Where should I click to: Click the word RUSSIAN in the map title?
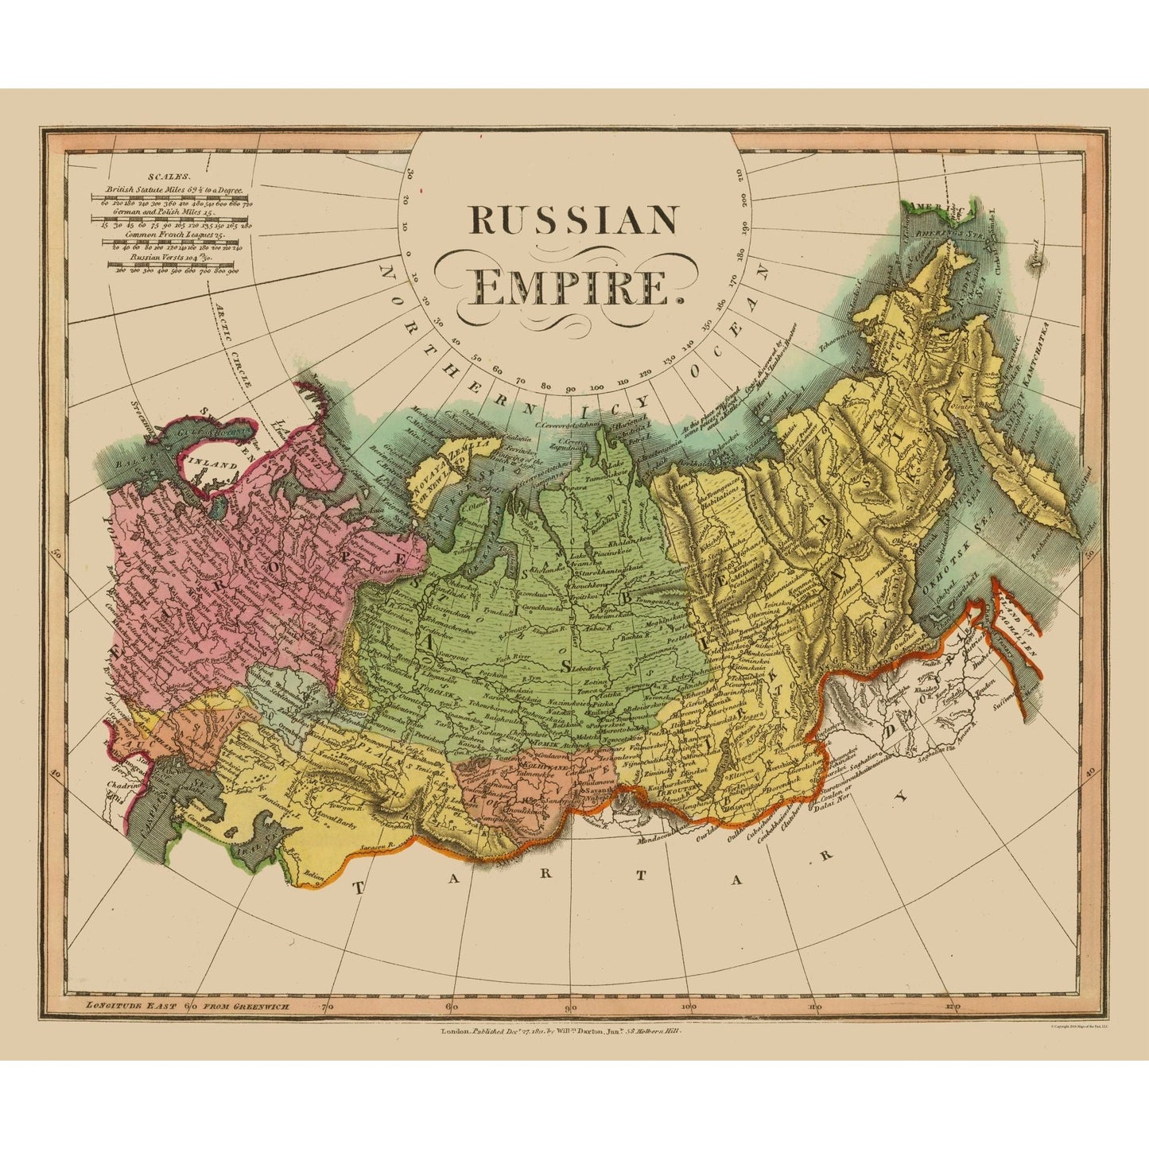point(573,220)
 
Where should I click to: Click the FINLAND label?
point(211,466)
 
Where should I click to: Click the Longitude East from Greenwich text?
point(187,1006)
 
